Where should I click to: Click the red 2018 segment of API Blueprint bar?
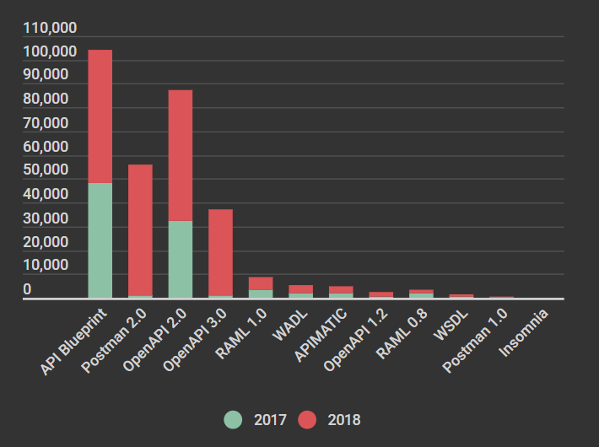(x=100, y=116)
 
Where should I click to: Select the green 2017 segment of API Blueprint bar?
(x=100, y=240)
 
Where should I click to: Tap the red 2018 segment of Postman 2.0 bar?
(x=140, y=229)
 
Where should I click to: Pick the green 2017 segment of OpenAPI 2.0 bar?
(x=181, y=260)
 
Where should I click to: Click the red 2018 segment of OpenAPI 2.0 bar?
(x=181, y=155)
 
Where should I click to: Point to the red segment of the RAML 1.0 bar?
(x=261, y=283)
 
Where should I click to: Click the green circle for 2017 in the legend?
(x=233, y=419)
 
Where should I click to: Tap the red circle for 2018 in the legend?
(x=306, y=419)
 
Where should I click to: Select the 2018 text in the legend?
(x=343, y=419)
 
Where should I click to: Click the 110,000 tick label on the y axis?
(x=51, y=28)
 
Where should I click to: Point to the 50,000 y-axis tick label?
(x=51, y=170)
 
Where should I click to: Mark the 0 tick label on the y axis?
(x=28, y=289)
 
